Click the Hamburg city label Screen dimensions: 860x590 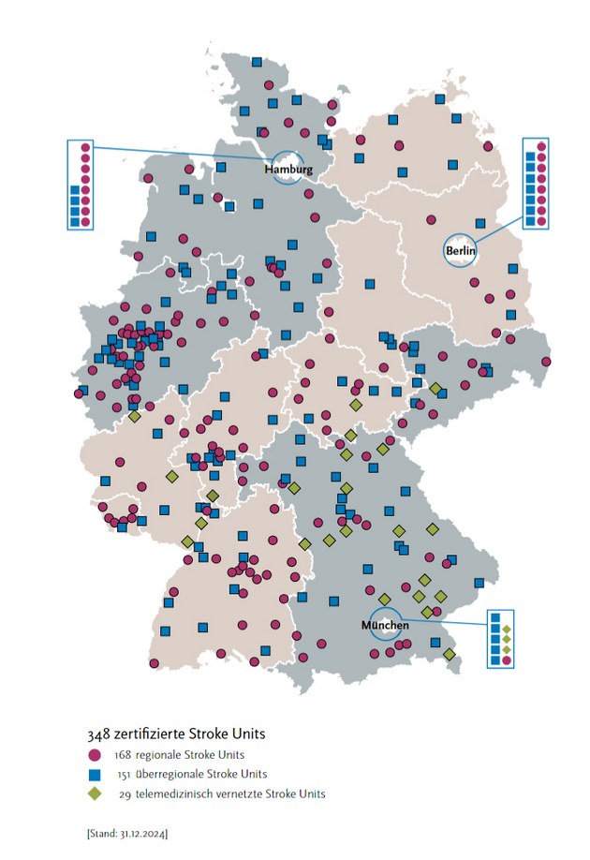coord(288,170)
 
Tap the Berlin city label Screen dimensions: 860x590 coord(461,251)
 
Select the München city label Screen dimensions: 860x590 coord(384,625)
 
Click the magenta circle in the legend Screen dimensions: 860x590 coord(95,754)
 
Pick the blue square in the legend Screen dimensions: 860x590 coord(95,774)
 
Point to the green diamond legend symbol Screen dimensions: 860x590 coord(95,793)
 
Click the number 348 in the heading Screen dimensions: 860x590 coord(98,733)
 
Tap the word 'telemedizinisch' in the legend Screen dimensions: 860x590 coord(176,793)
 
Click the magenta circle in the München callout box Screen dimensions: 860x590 coord(507,660)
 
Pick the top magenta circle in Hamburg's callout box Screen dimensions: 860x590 coord(85,148)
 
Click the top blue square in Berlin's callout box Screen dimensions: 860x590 coord(529,156)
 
